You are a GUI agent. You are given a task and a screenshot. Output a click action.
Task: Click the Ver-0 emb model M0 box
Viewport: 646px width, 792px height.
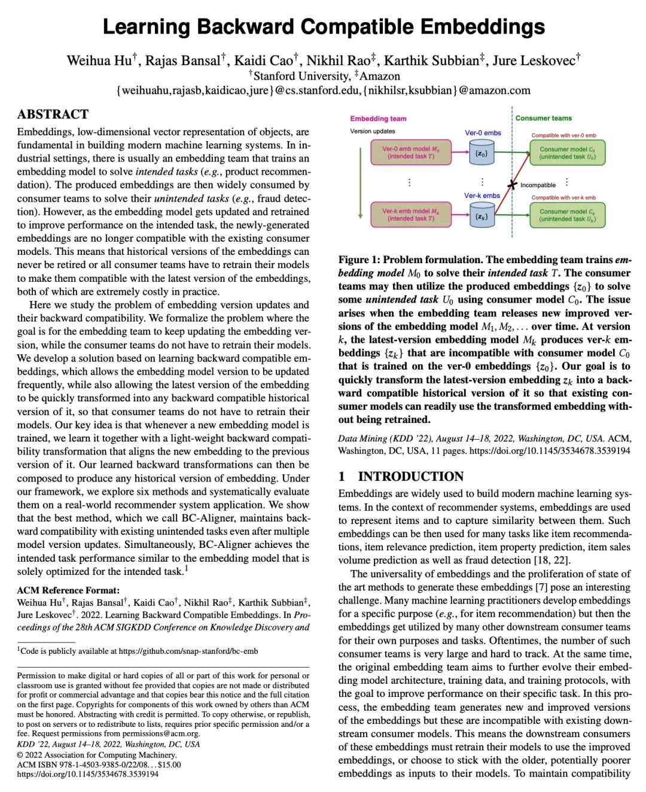point(410,153)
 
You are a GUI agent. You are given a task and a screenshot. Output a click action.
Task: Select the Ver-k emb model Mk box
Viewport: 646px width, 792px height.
point(410,215)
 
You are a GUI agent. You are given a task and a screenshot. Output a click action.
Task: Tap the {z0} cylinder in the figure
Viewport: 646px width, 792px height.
point(482,153)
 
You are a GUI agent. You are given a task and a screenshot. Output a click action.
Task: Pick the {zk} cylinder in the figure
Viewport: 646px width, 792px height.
point(482,216)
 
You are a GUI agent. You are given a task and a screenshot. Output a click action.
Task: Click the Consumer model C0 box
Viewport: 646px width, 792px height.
point(567,153)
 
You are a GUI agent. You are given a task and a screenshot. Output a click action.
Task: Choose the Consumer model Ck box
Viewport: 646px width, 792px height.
point(567,215)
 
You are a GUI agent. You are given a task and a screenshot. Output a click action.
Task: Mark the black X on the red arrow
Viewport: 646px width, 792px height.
point(512,185)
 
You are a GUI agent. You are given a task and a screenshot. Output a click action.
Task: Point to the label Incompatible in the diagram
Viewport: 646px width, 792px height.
point(538,185)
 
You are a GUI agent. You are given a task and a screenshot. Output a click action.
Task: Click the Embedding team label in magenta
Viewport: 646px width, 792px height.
point(378,118)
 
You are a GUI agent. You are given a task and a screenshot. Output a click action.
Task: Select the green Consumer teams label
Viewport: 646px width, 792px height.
point(543,118)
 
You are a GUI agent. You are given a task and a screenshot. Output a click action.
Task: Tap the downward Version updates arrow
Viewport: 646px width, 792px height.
point(360,183)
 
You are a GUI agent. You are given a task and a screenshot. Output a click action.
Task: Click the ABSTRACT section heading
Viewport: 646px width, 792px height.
point(53,114)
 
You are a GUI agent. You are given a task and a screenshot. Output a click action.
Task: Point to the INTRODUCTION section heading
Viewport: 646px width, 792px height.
point(410,476)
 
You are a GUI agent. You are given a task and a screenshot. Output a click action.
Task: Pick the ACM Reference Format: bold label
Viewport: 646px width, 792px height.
point(68,590)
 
